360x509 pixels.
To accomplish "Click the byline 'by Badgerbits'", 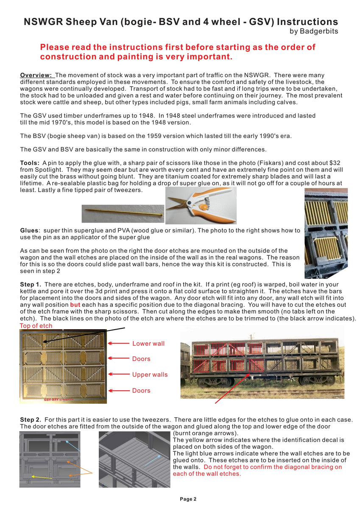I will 313,31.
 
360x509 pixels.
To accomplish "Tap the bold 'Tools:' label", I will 30,163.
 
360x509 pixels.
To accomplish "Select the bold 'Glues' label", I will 29,230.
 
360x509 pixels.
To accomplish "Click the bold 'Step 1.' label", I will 31,284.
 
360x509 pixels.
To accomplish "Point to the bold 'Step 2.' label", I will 31,420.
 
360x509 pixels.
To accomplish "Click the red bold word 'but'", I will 75,305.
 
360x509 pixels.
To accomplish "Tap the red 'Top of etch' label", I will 36,326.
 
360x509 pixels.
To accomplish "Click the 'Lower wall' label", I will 148,344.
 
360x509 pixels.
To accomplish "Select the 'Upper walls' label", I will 150,375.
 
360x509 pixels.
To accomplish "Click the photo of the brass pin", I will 123,211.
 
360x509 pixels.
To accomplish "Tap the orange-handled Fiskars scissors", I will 200,205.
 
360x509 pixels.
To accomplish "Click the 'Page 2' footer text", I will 188,499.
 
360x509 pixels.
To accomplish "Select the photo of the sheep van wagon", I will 262,363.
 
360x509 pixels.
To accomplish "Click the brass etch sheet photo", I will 63,366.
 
